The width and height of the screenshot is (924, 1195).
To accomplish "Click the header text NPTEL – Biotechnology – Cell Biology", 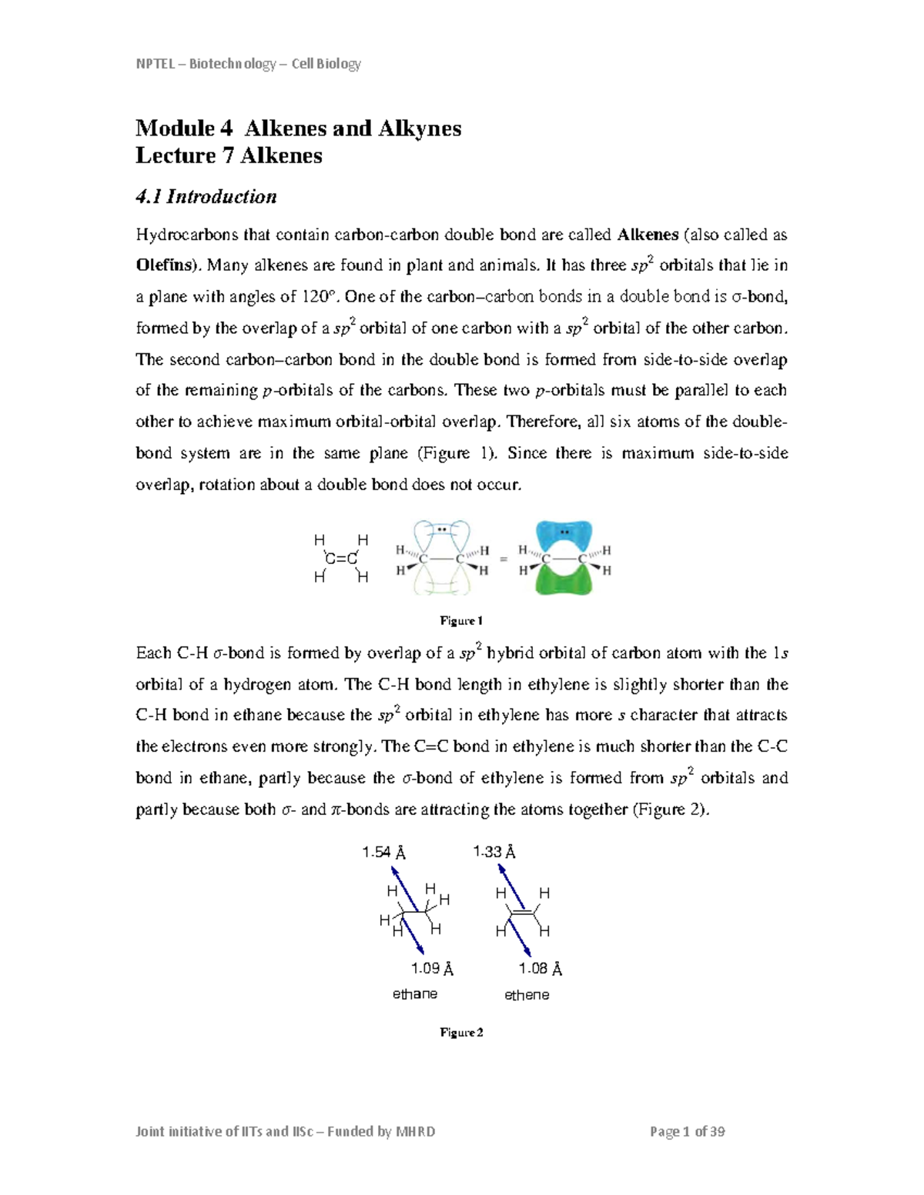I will pos(248,64).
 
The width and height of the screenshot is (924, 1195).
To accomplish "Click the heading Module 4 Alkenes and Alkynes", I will pos(298,128).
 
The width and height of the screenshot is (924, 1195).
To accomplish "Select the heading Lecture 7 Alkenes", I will pos(229,155).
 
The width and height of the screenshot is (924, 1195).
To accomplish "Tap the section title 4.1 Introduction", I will pos(206,197).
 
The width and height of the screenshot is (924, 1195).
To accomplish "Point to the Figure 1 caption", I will pos(460,621).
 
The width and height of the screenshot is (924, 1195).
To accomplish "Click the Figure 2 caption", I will pos(461,1033).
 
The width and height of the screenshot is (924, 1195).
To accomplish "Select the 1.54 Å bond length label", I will pos(383,853).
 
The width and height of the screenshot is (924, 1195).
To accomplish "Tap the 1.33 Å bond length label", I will pos(494,852).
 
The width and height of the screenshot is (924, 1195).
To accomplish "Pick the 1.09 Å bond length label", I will pos(431,969).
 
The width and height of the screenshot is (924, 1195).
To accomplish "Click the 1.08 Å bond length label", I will pos(540,969).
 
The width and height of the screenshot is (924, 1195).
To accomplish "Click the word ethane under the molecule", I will pos(414,994).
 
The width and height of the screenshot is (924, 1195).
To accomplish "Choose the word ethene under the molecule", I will pos(527,995).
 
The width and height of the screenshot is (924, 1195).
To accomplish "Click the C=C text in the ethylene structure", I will pos(341,559).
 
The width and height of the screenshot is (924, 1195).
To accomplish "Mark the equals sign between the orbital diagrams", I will pos(504,559).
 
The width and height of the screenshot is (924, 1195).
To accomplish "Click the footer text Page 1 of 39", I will pos(687,1132).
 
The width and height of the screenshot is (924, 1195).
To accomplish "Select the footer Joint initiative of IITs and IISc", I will pos(285,1132).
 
